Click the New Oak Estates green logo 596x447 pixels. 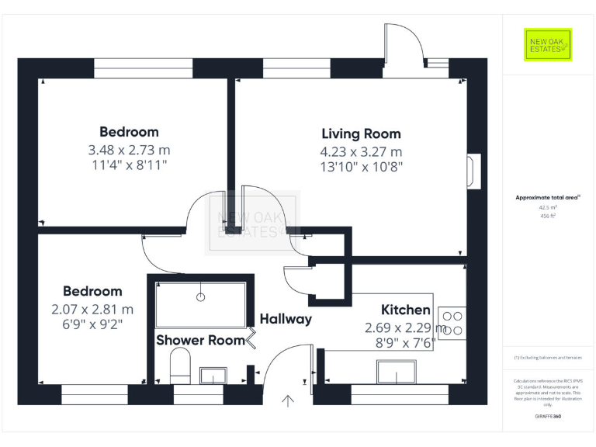548,45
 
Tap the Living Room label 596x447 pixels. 361,133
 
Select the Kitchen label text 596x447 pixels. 405,310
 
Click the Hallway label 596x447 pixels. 286,318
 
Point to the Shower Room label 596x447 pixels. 200,340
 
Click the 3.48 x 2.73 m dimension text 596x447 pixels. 129,149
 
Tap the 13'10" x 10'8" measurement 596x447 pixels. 361,166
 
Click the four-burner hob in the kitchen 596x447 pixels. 452,323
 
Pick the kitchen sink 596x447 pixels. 396,373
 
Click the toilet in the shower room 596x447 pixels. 180,365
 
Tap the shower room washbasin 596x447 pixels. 213,376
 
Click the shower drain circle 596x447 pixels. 201,296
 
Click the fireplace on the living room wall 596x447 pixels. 473,171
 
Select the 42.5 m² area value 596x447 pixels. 548,207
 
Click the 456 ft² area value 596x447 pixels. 548,217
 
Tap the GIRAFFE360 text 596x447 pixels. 548,417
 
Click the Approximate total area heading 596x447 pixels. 546,198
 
